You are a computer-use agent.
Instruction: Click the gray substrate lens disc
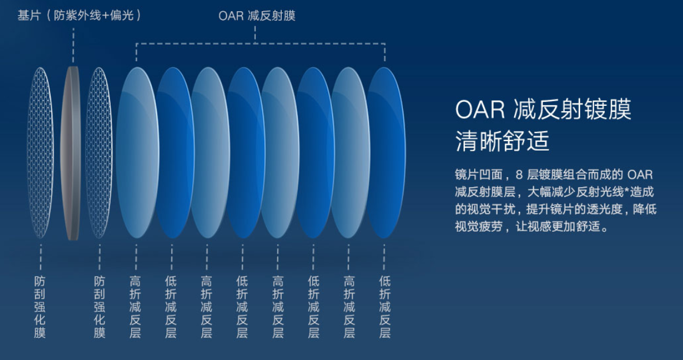click(71, 152)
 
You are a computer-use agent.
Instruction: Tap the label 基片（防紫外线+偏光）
click(79, 16)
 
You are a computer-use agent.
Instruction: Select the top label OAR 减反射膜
click(257, 16)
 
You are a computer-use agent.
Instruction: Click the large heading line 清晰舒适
click(502, 141)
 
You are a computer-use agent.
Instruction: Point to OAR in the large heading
click(480, 109)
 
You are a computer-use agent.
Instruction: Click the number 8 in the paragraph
click(519, 175)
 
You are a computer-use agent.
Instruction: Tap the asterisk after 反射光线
click(627, 190)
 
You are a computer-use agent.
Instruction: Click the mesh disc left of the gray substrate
click(40, 152)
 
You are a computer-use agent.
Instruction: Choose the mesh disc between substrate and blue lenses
click(99, 152)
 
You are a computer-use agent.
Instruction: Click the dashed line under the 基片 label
click(73, 45)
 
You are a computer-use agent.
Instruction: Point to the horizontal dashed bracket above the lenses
click(261, 44)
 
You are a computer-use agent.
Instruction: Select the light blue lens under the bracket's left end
click(137, 152)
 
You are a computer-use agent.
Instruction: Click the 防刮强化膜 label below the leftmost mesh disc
click(40, 307)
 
